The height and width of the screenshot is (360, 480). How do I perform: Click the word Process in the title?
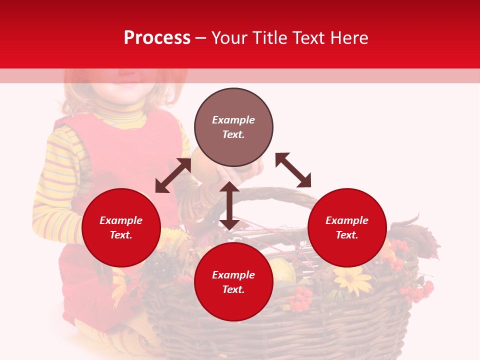click(x=157, y=38)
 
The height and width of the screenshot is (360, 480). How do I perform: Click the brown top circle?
click(x=233, y=127)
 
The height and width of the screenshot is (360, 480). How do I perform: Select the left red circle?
click(x=121, y=227)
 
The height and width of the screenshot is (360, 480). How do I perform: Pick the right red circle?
click(x=347, y=227)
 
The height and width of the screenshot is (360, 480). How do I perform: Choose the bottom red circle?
click(x=233, y=282)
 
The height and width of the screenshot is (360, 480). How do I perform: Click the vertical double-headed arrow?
click(x=229, y=205)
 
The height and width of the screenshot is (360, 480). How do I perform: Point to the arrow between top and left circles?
click(x=173, y=175)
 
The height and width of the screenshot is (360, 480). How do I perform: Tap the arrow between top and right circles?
click(x=293, y=170)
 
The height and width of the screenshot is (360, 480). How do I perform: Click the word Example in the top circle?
click(x=233, y=120)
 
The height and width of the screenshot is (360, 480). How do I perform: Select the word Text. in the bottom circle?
click(x=233, y=289)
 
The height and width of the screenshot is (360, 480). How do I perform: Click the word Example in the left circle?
click(x=121, y=220)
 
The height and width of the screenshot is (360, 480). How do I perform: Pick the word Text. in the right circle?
click(x=347, y=235)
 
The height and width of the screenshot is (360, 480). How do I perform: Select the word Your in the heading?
click(x=228, y=38)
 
